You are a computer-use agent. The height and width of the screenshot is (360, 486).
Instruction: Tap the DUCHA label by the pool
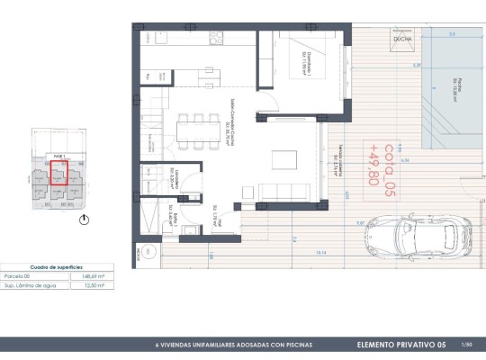402,39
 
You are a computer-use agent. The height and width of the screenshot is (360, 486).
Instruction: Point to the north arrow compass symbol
83,217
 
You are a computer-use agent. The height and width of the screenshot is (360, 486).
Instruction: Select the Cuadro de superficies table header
52,266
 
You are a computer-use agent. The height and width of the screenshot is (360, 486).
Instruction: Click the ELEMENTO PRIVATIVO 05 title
400,345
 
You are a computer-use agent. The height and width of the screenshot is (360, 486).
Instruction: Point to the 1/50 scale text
466,345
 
